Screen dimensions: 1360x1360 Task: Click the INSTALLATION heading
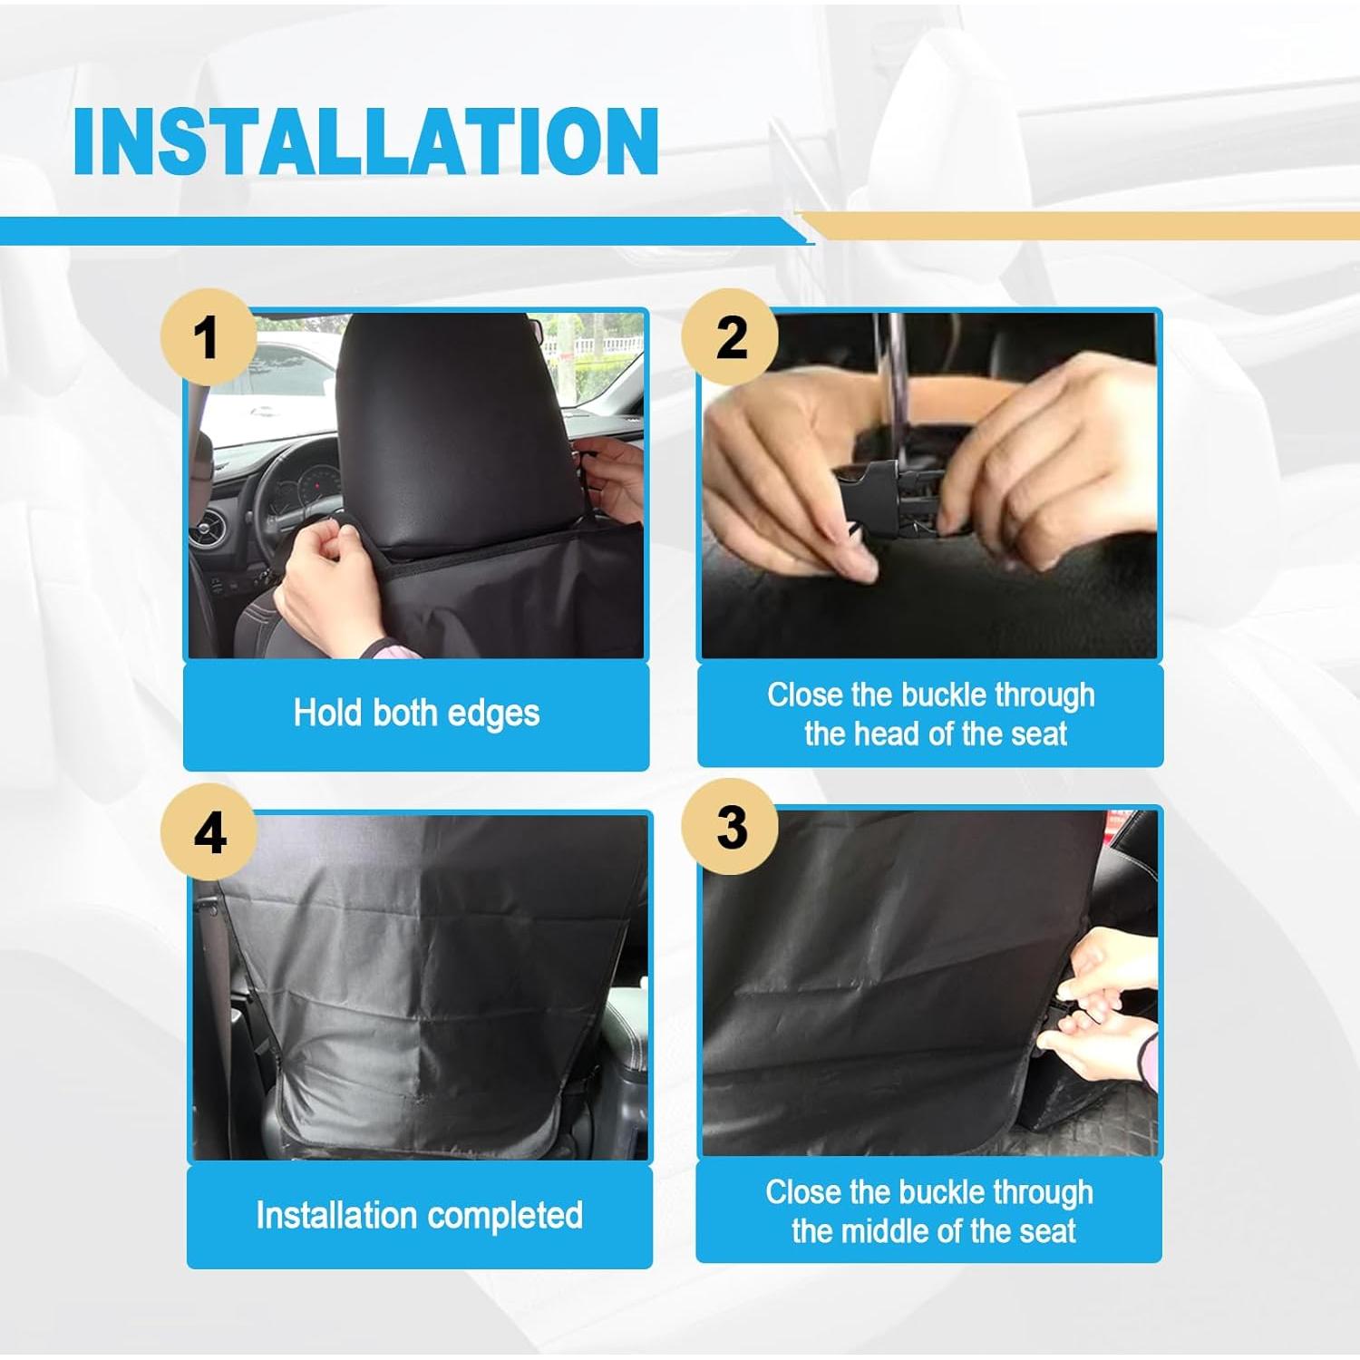click(365, 141)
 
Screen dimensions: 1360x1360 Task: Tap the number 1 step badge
click(208, 337)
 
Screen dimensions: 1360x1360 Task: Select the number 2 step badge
click(731, 337)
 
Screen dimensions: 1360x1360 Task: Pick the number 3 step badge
click(731, 827)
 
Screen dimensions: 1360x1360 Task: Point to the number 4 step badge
click(209, 832)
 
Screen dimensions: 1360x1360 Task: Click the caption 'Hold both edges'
click(416, 714)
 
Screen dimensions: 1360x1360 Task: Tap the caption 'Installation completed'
click(419, 1216)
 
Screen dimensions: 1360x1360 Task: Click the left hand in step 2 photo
click(789, 481)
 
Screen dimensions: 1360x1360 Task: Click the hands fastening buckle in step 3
click(1102, 1006)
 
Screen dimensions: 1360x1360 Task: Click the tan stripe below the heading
click(1079, 225)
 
